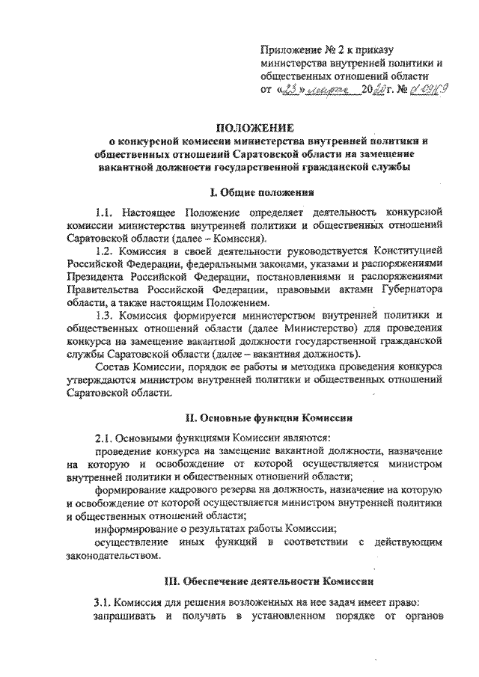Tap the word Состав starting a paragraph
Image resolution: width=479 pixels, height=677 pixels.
click(x=114, y=367)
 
